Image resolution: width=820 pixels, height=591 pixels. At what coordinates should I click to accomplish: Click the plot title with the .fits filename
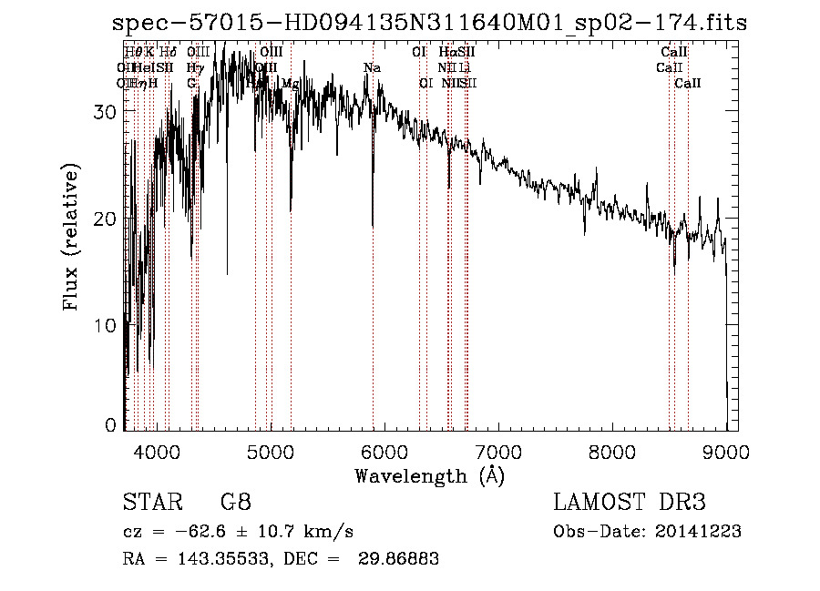coord(429,23)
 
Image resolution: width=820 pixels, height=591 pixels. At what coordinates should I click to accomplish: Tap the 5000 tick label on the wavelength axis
coord(271,451)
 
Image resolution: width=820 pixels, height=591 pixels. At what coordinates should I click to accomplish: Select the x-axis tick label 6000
coord(384,451)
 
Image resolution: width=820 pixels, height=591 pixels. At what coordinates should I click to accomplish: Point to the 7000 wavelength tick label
coord(498,451)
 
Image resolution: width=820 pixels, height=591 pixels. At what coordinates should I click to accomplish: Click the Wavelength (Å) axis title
coord(429,474)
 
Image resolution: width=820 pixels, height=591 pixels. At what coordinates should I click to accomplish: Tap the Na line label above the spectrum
coord(372,67)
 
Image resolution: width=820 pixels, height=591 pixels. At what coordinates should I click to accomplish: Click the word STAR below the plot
coord(151,503)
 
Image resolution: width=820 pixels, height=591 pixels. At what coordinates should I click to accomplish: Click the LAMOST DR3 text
coord(630,503)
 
